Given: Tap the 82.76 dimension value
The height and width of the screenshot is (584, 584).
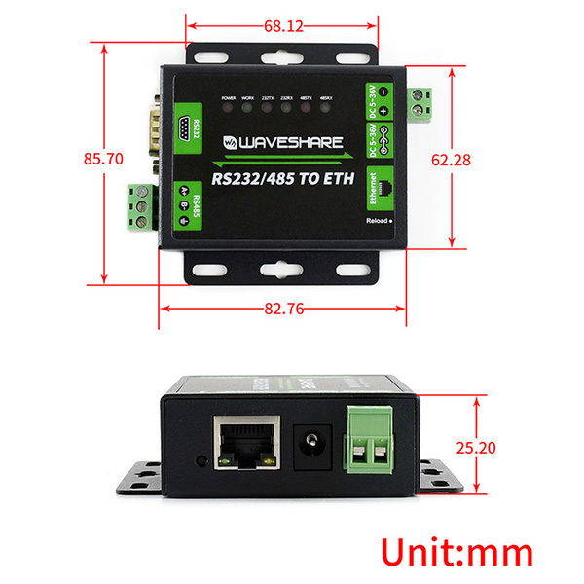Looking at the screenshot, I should pyautogui.click(x=281, y=310).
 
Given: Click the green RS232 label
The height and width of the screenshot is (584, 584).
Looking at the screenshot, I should pyautogui.click(x=193, y=128).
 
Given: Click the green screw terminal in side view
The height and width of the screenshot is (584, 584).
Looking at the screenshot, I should pyautogui.click(x=371, y=444).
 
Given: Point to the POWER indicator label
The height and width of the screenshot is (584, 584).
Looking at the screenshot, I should pyautogui.click(x=229, y=99).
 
